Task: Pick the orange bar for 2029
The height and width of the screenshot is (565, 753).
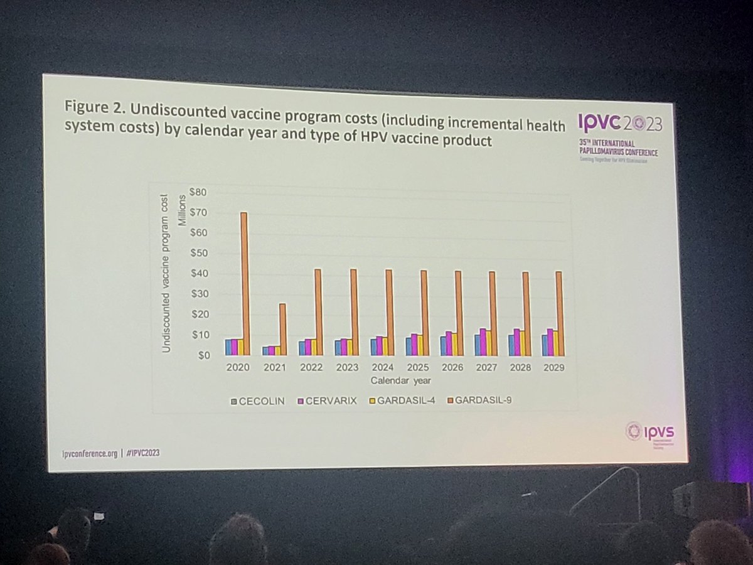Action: point(558,313)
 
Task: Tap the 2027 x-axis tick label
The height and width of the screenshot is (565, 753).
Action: point(486,369)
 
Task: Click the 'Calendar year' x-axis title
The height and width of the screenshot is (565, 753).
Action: point(400,380)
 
